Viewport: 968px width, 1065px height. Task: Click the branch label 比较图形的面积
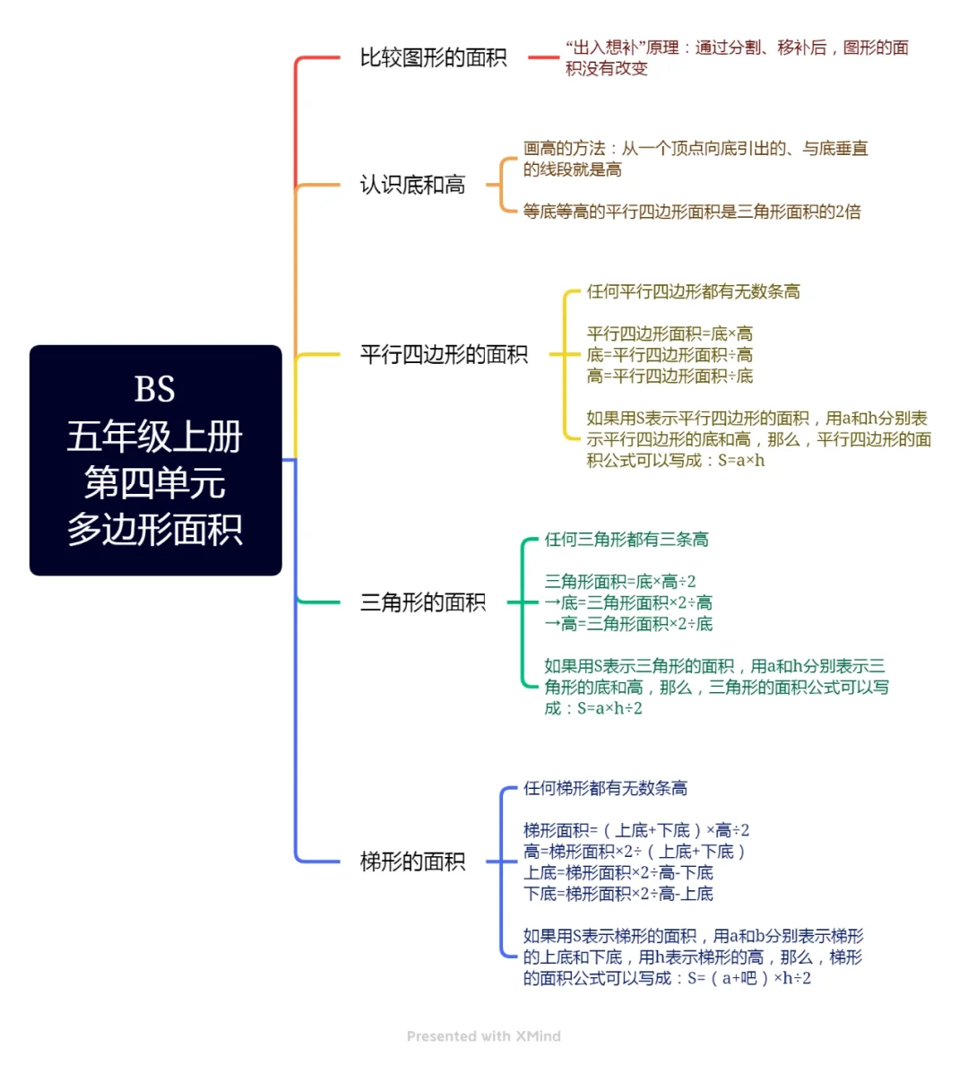coord(433,58)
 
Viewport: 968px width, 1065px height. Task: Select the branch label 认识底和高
coord(412,186)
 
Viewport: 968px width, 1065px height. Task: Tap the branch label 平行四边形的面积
coord(444,355)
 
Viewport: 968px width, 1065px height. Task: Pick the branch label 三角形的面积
coord(422,602)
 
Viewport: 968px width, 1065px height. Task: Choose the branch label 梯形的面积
coord(412,862)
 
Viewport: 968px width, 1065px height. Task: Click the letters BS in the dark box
coord(155,390)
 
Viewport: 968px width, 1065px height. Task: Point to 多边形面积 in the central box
coord(155,530)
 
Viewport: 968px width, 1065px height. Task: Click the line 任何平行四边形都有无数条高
coord(693,291)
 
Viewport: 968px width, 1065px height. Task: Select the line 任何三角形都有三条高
coord(626,540)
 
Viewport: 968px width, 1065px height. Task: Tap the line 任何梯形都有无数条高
coord(605,788)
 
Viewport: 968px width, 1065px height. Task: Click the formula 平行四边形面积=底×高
coord(670,333)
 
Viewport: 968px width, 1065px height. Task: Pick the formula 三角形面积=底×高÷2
coord(619,582)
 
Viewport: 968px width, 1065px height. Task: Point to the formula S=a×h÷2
coord(609,708)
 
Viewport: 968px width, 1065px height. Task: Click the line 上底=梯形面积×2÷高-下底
coord(618,872)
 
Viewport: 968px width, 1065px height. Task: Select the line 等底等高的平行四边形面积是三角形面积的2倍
coord(692,212)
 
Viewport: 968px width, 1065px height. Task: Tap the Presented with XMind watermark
coord(484,1036)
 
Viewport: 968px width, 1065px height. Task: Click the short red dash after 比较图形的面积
coord(543,58)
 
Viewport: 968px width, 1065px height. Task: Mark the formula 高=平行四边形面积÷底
coord(670,376)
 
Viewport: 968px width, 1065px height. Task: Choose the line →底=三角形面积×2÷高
coord(628,602)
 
